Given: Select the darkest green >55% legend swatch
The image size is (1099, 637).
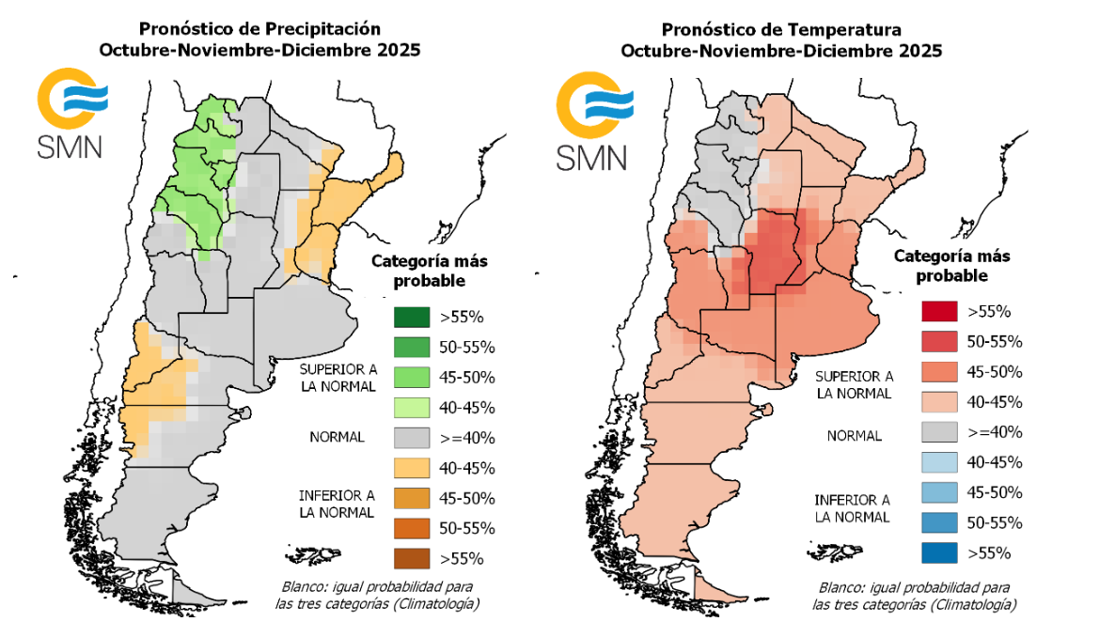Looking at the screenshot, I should (x=410, y=318).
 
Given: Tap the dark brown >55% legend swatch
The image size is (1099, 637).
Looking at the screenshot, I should (x=410, y=558).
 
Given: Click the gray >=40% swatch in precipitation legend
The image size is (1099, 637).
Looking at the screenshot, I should (x=410, y=438).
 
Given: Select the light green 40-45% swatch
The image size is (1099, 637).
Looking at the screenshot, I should (x=410, y=408).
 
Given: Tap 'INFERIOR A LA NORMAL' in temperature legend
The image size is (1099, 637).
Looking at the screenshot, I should (x=852, y=508).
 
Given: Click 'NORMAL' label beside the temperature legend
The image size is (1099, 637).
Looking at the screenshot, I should (x=854, y=436).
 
